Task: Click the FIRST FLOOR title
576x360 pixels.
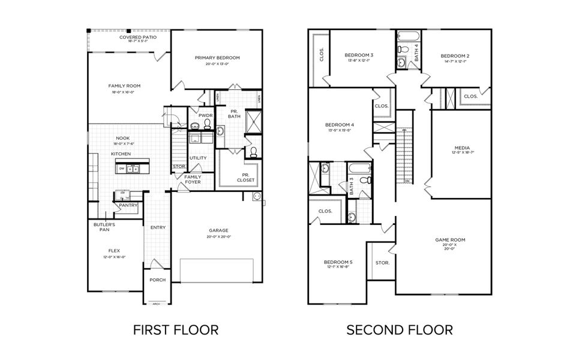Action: pos(175,329)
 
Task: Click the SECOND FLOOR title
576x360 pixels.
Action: pos(399,329)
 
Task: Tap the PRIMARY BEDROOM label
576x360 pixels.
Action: pos(217,58)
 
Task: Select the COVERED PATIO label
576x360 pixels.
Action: pos(138,37)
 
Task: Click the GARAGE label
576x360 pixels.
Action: pos(219,230)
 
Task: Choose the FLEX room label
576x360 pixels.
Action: pos(114,250)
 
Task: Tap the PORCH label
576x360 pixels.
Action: pos(157,280)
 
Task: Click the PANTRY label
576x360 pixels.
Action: pos(128,205)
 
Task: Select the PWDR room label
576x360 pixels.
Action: pos(198,115)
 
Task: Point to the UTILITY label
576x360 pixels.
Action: pos(198,158)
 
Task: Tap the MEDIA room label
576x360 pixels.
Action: pos(462,148)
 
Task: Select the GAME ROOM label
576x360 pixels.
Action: pos(450,240)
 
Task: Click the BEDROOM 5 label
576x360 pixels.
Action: pos(338,262)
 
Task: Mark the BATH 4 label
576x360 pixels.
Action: pos(416,49)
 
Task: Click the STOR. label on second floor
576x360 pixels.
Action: pos(382,263)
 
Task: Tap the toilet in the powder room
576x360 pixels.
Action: pos(208,124)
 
